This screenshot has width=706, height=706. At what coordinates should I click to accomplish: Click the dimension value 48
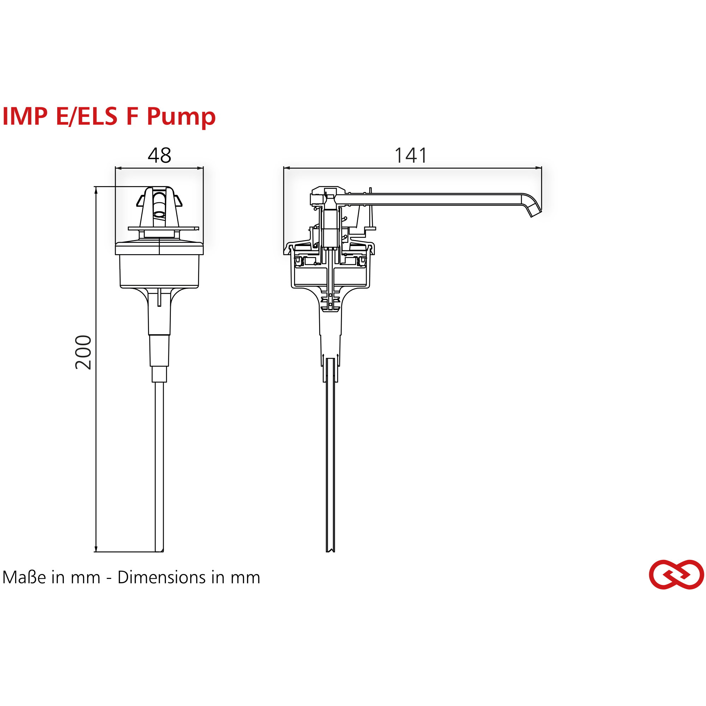(159, 155)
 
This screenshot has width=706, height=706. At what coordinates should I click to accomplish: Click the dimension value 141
(411, 155)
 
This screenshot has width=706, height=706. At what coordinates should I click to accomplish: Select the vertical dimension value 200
(83, 352)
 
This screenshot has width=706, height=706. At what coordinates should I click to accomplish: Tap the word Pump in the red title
(181, 116)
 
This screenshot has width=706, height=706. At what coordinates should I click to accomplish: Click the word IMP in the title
(25, 116)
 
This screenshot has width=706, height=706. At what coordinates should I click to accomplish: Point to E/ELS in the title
(86, 116)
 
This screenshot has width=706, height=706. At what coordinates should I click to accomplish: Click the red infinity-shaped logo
(676, 575)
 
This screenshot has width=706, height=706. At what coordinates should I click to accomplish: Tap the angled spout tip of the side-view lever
(536, 212)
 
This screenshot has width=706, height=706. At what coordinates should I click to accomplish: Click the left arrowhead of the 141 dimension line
(287, 168)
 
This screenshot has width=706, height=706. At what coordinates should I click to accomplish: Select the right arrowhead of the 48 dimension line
(200, 168)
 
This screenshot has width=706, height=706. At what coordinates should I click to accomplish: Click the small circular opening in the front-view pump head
(160, 214)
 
